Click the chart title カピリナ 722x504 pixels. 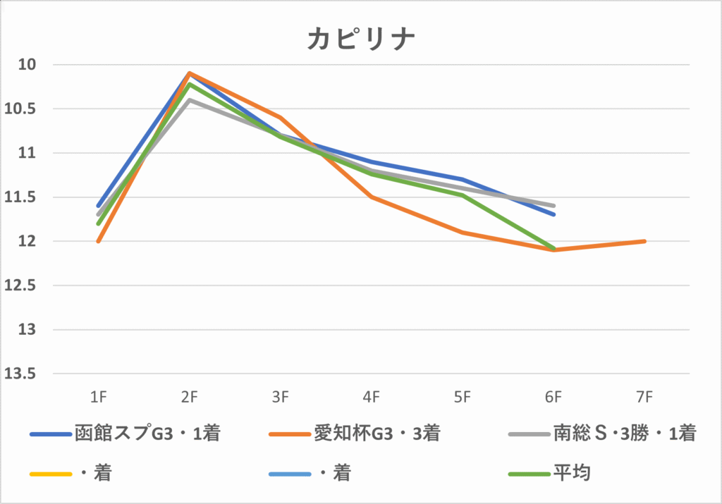[x=360, y=39]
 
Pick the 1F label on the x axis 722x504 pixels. [x=99, y=398]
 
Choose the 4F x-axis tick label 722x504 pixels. [x=372, y=398]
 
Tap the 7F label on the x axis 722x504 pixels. [x=644, y=398]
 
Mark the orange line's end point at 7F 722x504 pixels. [x=644, y=241]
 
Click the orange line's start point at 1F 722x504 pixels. [x=99, y=241]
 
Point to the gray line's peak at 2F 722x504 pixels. [x=189, y=99]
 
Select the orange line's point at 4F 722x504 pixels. [x=372, y=197]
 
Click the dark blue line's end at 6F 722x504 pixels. [x=553, y=214]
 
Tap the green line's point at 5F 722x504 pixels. [x=463, y=195]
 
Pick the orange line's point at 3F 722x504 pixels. [x=281, y=118]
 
